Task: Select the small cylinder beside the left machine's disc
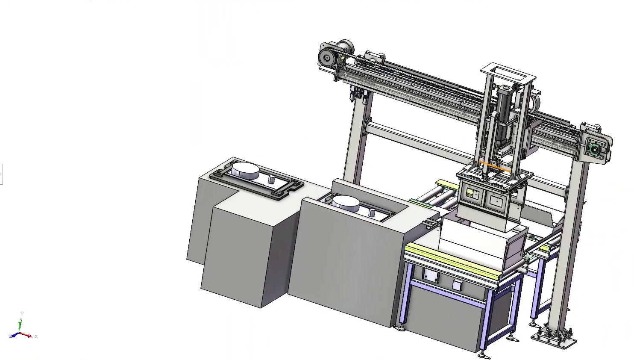(x=271, y=180)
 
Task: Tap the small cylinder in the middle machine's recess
(x=372, y=212)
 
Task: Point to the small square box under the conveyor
(x=456, y=285)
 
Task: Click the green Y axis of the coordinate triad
(x=21, y=323)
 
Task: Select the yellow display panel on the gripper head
(x=470, y=192)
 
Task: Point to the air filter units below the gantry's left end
(x=359, y=95)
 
